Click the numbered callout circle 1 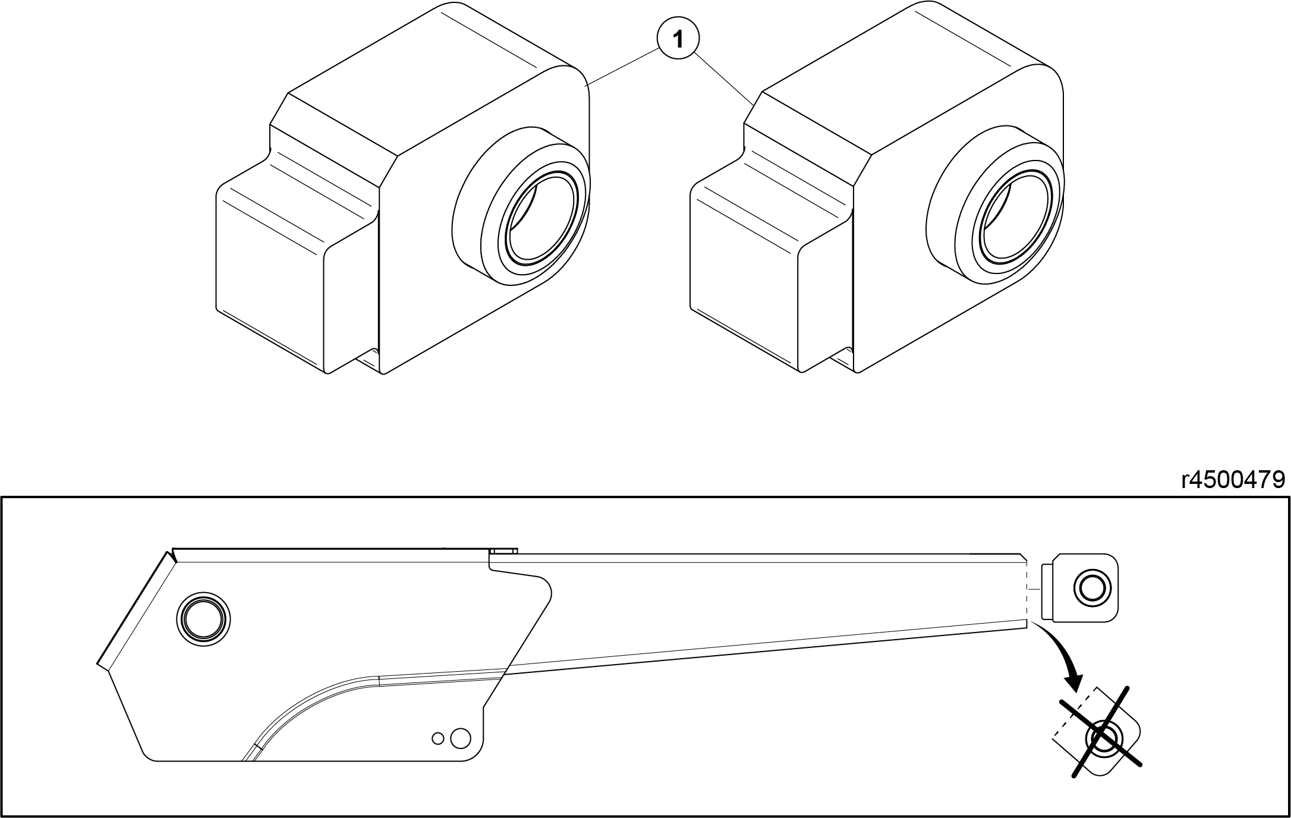pyautogui.click(x=678, y=39)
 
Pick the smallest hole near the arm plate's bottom pyautogui.click(x=438, y=738)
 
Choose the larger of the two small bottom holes pyautogui.click(x=461, y=738)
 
